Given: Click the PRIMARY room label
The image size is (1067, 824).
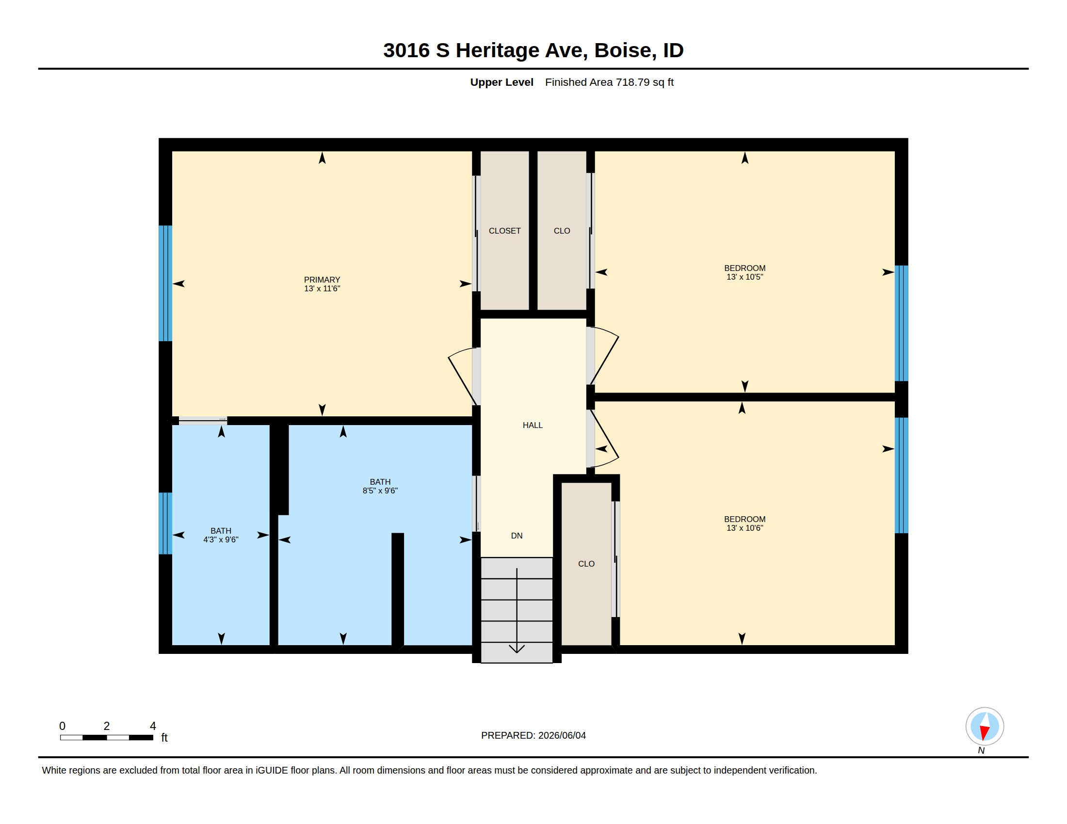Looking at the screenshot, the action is [x=322, y=280].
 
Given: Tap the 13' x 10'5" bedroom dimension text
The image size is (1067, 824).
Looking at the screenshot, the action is [x=744, y=277].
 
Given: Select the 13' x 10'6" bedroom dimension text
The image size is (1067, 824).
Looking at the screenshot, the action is [x=744, y=528].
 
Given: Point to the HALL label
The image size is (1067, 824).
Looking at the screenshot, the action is [x=533, y=425].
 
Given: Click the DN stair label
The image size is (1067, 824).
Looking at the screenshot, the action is [x=517, y=536].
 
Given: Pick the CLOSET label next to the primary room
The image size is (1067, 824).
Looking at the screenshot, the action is [x=505, y=231].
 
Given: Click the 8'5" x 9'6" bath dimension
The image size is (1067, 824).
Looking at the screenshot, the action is [x=380, y=491].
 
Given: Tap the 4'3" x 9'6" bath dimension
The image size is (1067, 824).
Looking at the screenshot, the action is [x=221, y=539].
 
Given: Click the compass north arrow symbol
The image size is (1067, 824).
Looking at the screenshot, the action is [x=985, y=727].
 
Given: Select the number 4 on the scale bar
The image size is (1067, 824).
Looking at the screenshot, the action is [x=153, y=726].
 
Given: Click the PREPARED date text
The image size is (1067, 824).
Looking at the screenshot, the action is [x=533, y=735].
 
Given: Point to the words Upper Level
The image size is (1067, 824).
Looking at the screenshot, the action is [x=502, y=82].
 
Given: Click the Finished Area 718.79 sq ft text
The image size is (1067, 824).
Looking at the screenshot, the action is [x=609, y=82].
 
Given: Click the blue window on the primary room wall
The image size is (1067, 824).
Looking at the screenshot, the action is [x=165, y=283].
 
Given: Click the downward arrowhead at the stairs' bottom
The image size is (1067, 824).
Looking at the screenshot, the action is [x=517, y=649].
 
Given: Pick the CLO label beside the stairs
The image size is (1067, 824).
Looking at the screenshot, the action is [x=586, y=564].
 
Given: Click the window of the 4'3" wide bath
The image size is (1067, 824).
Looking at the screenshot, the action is [x=165, y=523].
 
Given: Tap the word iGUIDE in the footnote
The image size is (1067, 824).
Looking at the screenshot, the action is [x=272, y=770].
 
